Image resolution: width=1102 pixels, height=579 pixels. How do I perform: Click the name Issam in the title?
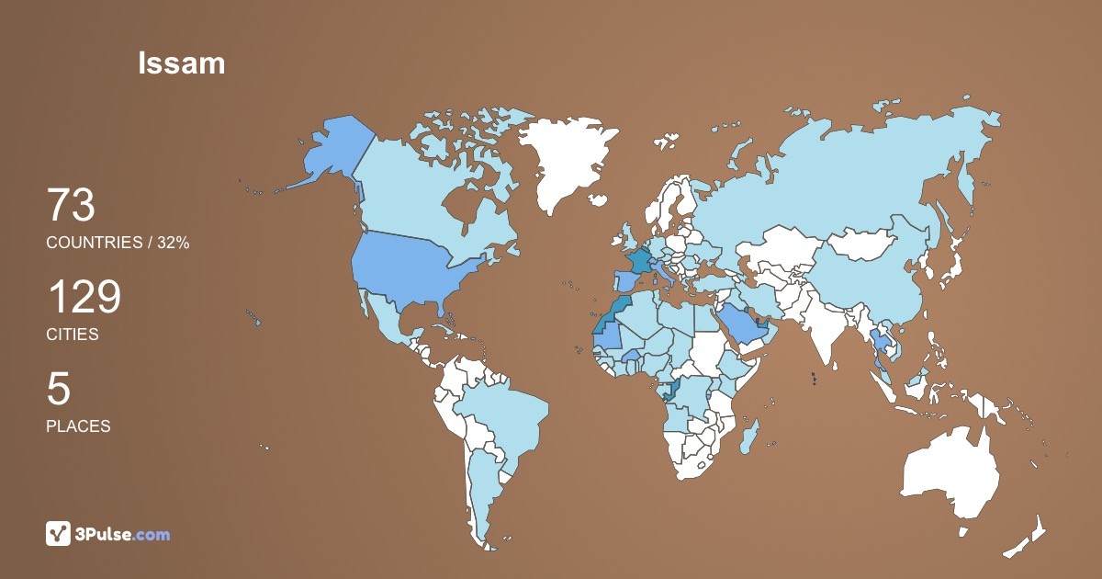click(x=182, y=62)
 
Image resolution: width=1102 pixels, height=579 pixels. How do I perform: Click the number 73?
click(x=71, y=206)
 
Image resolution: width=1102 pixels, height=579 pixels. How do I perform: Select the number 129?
click(x=84, y=298)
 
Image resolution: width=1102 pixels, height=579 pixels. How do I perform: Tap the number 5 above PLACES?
click(x=58, y=390)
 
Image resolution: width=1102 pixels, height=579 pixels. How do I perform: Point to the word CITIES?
click(x=73, y=335)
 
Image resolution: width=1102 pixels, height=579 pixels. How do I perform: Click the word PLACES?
click(x=78, y=426)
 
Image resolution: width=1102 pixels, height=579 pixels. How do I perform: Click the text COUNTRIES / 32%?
click(x=118, y=243)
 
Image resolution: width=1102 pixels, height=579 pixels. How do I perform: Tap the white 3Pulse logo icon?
click(x=58, y=533)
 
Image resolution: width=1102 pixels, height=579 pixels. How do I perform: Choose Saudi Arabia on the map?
click(x=740, y=322)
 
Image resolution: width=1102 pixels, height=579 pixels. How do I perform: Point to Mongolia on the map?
click(x=864, y=244)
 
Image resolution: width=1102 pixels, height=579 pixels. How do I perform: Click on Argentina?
click(x=481, y=487)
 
